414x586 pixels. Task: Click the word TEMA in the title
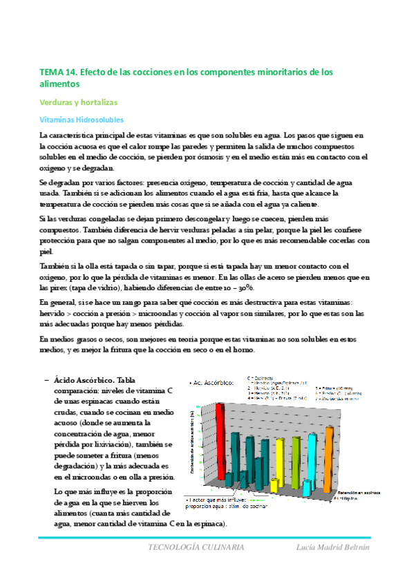pyautogui.click(x=52, y=72)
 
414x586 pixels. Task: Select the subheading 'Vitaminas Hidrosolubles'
pyautogui.click(x=81, y=120)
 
